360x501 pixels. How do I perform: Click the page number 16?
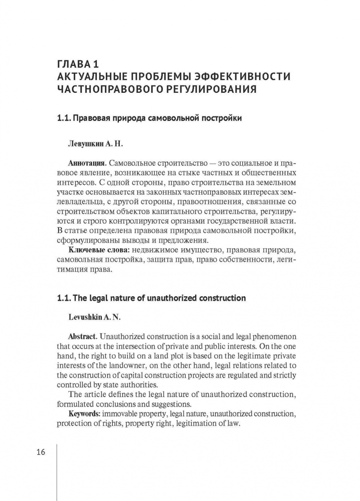pos(40,452)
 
